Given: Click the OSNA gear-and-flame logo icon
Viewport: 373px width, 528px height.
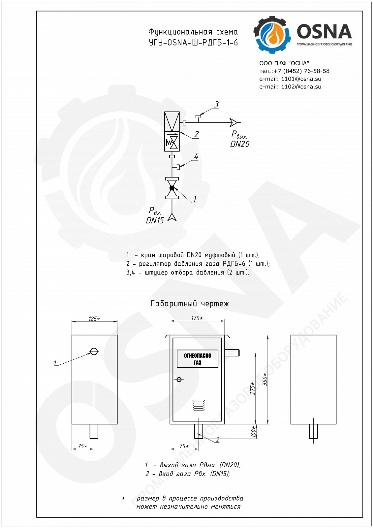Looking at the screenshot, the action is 272,34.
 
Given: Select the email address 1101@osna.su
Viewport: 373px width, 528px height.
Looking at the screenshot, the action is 301,79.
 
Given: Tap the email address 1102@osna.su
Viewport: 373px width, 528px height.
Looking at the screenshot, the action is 301,86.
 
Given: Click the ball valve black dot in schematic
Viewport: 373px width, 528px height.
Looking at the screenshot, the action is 172,188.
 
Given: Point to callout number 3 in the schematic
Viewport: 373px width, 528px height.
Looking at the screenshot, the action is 216,104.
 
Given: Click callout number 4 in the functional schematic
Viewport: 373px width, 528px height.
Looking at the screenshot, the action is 196,156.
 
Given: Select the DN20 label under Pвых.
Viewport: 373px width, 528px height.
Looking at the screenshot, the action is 240,144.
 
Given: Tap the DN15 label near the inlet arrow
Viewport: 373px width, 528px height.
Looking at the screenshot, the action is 155,220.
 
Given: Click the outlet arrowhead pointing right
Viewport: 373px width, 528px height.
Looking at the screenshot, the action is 234,122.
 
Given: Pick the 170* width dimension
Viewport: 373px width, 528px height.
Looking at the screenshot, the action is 197,318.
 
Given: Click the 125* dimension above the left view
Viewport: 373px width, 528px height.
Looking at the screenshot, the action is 94,319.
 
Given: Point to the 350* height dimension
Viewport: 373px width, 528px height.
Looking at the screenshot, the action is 265,379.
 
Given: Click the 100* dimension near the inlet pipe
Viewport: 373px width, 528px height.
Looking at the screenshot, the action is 253,431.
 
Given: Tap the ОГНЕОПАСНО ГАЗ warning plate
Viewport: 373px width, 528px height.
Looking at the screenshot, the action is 198,359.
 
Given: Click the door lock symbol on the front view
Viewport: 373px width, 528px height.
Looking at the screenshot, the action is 179,379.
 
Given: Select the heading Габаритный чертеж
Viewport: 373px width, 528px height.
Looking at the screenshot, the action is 190,304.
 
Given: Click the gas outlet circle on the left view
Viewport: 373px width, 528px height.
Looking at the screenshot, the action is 94,351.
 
